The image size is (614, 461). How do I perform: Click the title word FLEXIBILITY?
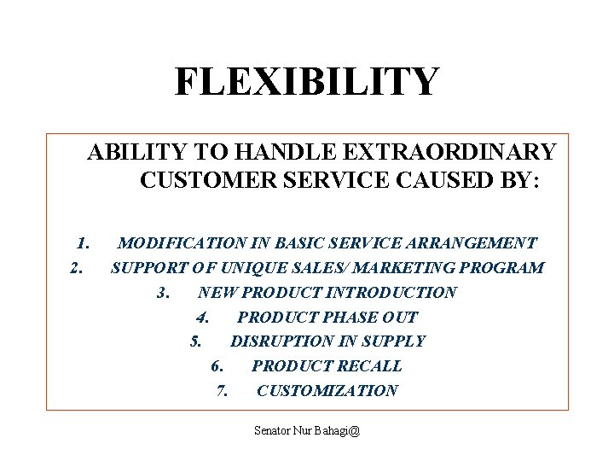pos(307,82)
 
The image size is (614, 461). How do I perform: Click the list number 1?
pos(84,243)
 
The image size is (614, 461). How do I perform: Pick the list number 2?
pos(77,268)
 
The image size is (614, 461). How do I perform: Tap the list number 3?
pos(165,293)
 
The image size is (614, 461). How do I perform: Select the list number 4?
pos(203,318)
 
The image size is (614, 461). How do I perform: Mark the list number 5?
pos(196,341)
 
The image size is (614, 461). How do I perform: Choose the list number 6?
pos(217,366)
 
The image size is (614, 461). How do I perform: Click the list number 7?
pos(223,391)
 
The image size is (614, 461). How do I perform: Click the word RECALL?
pos(370,366)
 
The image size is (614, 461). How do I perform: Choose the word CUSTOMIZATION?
pos(327,391)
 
